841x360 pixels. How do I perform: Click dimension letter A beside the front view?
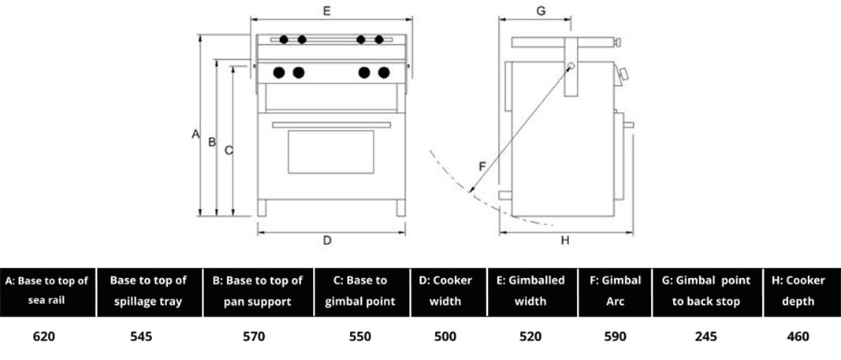point(195,135)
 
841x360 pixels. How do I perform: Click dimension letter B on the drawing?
point(211,143)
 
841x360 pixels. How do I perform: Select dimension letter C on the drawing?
point(228,150)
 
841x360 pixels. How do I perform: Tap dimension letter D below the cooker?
point(327,241)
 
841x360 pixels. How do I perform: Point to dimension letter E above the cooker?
point(326,10)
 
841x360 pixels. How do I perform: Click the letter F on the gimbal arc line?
point(482,166)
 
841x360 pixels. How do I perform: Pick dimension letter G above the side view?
point(541,10)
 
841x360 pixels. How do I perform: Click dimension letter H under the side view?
point(565,241)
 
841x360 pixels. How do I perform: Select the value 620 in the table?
point(44,336)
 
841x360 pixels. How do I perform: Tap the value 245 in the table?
point(706,336)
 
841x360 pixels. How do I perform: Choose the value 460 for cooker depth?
point(798,336)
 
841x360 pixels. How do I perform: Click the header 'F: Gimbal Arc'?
point(615,291)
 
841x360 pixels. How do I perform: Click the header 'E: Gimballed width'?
point(530,291)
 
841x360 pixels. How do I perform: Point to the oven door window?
point(330,152)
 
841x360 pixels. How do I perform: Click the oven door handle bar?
point(331,124)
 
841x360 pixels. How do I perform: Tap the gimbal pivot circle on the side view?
point(571,67)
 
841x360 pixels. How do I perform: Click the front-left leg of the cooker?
point(262,207)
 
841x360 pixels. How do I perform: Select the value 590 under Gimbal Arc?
point(615,336)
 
